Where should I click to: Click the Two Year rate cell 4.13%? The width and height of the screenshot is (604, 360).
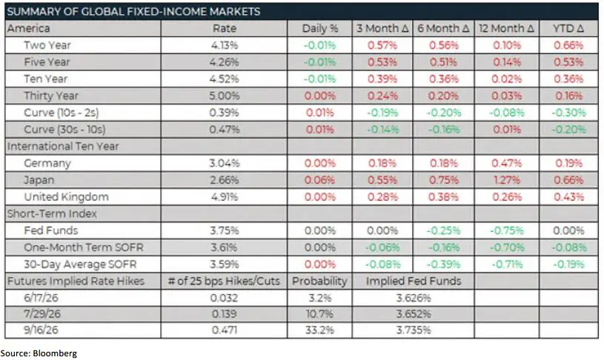pos(225,45)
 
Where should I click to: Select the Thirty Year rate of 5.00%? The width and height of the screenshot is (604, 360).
pos(225,96)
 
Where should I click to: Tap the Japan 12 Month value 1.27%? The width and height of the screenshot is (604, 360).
pos(506,180)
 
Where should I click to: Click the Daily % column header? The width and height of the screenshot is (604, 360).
pos(319,28)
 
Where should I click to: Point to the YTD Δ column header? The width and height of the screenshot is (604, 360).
pos(568,28)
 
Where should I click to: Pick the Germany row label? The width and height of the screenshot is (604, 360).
pos(47,163)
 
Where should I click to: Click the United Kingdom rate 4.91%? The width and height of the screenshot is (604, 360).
pos(225,197)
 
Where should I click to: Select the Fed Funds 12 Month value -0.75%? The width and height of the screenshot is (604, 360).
pos(506,230)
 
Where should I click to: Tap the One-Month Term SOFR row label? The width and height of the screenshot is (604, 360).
pos(84,247)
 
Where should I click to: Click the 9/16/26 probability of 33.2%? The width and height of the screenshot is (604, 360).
pos(319,330)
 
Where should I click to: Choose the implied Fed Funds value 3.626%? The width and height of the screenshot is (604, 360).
pos(414,298)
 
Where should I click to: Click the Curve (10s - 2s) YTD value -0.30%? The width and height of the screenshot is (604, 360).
pos(568,113)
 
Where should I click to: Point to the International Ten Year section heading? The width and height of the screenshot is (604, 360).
pos(63,147)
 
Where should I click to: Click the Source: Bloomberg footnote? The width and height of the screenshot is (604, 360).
pos(39,353)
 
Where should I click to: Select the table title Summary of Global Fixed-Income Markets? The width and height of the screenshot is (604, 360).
pos(133,12)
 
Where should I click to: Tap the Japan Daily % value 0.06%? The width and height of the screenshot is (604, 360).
pos(319,180)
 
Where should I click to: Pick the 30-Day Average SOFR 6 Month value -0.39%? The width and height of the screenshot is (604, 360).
pos(443,264)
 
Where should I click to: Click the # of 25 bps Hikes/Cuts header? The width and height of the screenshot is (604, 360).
pos(225,281)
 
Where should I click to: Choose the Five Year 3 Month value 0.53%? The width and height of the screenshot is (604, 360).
pos(382,62)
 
